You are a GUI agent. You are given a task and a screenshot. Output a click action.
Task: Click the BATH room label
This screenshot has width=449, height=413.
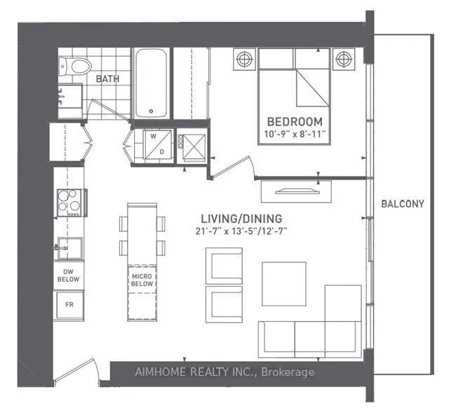107,79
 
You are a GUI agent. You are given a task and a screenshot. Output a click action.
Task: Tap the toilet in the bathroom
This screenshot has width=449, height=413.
75,67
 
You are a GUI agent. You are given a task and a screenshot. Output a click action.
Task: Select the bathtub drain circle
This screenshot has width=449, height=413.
152,111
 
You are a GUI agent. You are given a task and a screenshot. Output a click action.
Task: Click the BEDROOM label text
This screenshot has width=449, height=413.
295,121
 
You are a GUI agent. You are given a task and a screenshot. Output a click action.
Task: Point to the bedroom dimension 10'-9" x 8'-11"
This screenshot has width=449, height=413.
295,134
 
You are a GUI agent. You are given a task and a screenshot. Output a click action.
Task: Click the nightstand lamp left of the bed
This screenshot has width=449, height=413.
244,59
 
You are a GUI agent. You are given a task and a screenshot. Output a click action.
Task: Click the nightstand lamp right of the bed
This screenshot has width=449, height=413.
344,59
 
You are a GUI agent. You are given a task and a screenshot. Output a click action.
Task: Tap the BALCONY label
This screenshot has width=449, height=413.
402,204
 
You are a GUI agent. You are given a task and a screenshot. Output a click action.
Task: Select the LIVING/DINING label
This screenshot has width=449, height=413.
241,219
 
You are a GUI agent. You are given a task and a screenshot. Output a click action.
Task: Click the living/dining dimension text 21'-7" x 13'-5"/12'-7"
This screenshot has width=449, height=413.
241,231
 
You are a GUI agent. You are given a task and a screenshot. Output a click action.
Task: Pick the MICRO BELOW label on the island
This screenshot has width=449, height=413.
142,280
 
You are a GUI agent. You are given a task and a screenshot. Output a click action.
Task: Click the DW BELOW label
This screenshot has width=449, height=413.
68,276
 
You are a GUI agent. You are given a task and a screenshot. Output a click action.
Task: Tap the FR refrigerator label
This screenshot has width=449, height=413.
69,304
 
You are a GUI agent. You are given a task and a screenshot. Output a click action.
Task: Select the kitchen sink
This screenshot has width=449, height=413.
69,248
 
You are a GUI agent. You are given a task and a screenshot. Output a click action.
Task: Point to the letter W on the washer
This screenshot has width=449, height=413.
153,137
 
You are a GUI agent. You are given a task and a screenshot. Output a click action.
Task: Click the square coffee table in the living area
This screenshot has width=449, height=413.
284,284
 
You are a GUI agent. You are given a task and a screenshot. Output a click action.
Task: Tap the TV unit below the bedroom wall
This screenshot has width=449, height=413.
296,191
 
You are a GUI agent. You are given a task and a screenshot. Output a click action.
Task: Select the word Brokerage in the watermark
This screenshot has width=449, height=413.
288,372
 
